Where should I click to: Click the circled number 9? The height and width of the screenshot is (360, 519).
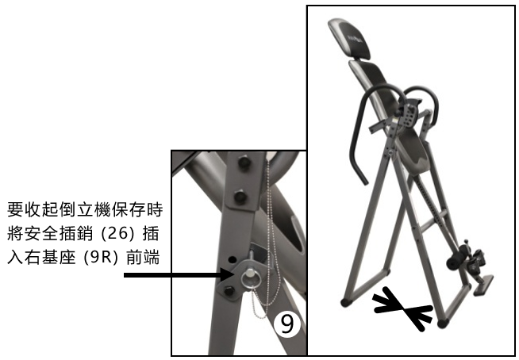point(287,324)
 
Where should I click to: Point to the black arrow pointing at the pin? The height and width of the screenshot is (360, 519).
point(179,274)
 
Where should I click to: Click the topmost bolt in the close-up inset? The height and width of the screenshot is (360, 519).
point(244,163)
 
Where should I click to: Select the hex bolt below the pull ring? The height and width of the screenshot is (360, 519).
point(229,291)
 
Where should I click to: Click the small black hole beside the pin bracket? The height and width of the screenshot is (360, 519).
point(233,259)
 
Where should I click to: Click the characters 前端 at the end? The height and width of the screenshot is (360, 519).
point(143,258)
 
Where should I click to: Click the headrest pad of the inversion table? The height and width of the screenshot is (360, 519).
point(349,39)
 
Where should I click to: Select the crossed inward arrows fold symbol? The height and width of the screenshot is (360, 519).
point(403,308)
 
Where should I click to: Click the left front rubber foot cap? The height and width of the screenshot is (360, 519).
point(346,302)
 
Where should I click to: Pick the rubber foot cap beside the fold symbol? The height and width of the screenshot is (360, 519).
point(443,323)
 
